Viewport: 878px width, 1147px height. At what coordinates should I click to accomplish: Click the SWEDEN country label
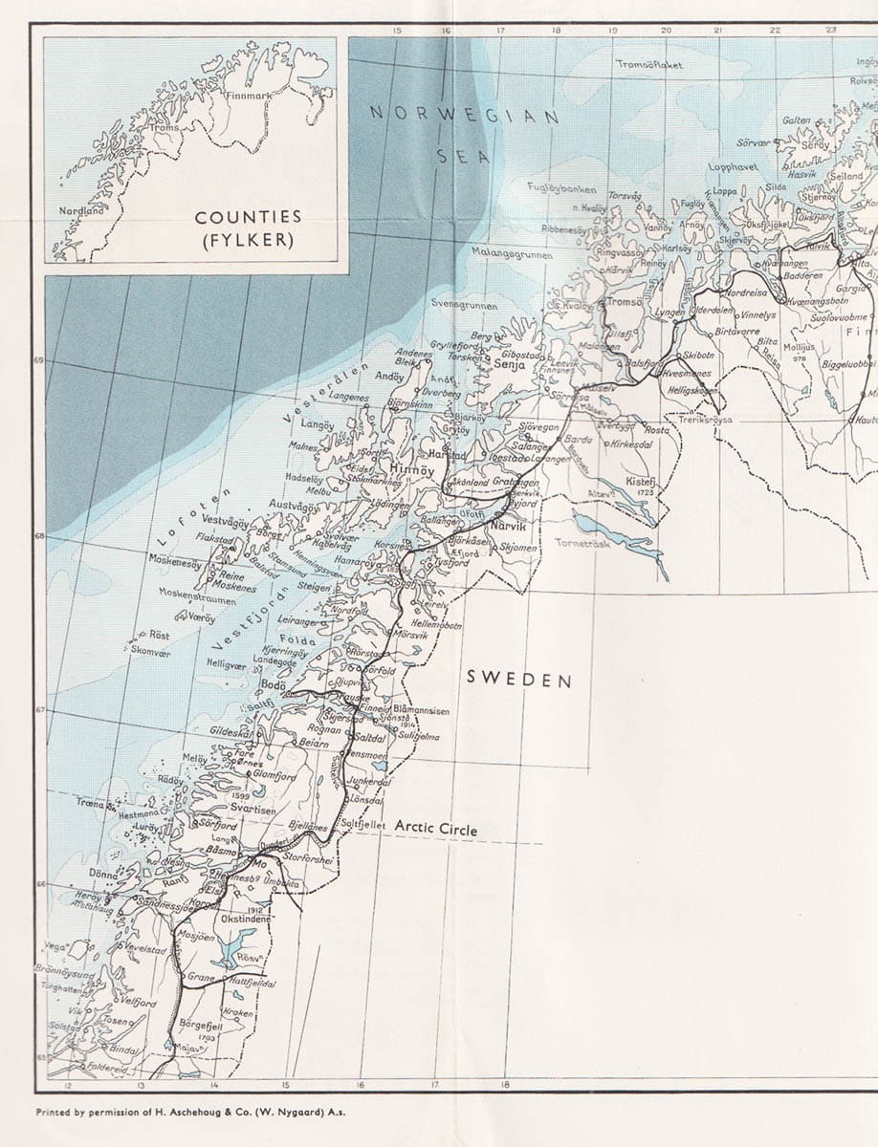(x=518, y=680)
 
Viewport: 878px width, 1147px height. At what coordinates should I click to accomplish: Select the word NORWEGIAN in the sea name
(x=465, y=115)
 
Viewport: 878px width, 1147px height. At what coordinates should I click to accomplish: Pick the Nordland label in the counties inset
(x=81, y=210)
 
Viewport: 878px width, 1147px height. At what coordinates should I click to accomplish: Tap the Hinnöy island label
(x=413, y=470)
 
